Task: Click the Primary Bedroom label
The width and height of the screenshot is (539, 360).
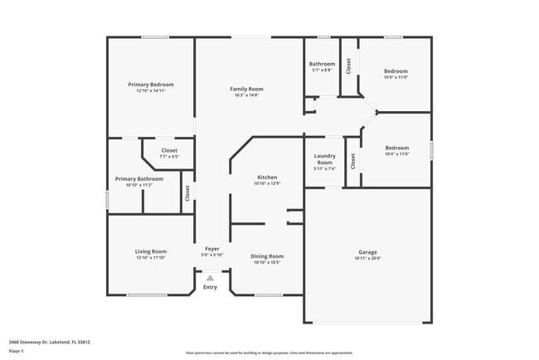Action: pyautogui.click(x=150, y=85)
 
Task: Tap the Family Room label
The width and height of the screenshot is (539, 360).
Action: pyautogui.click(x=246, y=89)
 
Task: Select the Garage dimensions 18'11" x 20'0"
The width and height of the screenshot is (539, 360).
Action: pyautogui.click(x=367, y=258)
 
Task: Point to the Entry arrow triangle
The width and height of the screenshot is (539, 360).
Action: pyautogui.click(x=210, y=279)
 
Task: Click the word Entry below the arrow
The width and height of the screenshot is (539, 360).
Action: pyautogui.click(x=210, y=287)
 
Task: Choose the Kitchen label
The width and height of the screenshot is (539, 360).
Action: pyautogui.click(x=267, y=178)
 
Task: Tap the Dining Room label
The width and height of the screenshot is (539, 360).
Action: pyautogui.click(x=267, y=256)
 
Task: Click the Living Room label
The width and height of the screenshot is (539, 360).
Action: pyautogui.click(x=151, y=251)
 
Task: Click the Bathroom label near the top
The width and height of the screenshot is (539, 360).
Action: pyautogui.click(x=322, y=64)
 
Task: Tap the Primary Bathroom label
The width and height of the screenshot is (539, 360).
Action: pyautogui.click(x=138, y=178)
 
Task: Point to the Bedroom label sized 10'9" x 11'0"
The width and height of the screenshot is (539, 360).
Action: pyautogui.click(x=396, y=71)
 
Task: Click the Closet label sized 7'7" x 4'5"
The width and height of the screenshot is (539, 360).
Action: pyautogui.click(x=169, y=150)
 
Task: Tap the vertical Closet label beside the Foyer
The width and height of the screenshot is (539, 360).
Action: pyautogui.click(x=187, y=193)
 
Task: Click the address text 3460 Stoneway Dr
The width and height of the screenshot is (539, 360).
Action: pyautogui.click(x=49, y=341)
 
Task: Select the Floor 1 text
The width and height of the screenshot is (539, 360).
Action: pyautogui.click(x=17, y=351)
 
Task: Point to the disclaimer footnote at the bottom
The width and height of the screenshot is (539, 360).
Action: pyautogui.click(x=269, y=352)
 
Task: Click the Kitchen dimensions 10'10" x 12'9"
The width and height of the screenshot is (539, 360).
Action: pyautogui.click(x=267, y=183)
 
